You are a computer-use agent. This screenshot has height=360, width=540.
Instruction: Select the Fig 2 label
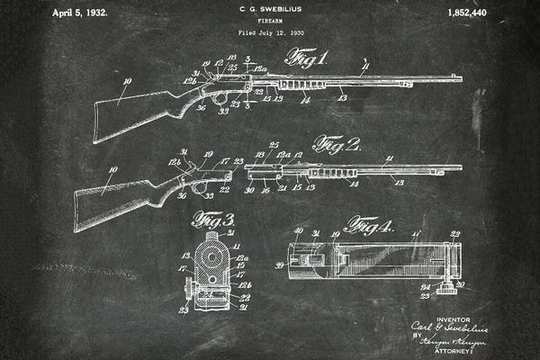pyautogui.click(x=337, y=144)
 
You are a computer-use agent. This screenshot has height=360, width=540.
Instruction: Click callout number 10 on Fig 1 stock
pyautogui.click(x=126, y=82)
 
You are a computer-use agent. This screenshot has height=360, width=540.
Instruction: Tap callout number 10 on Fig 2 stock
pyautogui.click(x=113, y=170)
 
